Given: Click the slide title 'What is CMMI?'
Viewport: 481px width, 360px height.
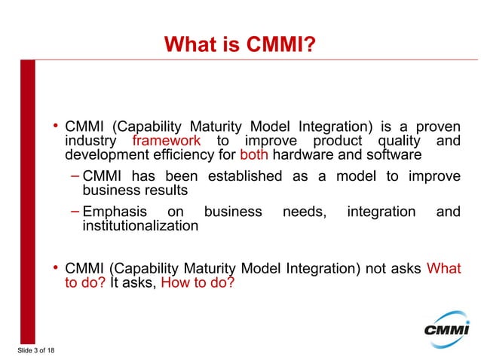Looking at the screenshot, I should [x=240, y=46].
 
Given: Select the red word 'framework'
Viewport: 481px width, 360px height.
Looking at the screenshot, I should [x=166, y=141].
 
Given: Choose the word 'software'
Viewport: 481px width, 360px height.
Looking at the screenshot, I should [x=384, y=156].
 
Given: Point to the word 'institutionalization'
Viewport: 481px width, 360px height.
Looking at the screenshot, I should [x=140, y=227].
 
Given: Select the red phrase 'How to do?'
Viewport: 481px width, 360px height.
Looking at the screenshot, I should [x=198, y=284].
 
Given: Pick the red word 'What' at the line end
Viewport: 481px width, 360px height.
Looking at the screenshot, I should [x=443, y=269].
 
